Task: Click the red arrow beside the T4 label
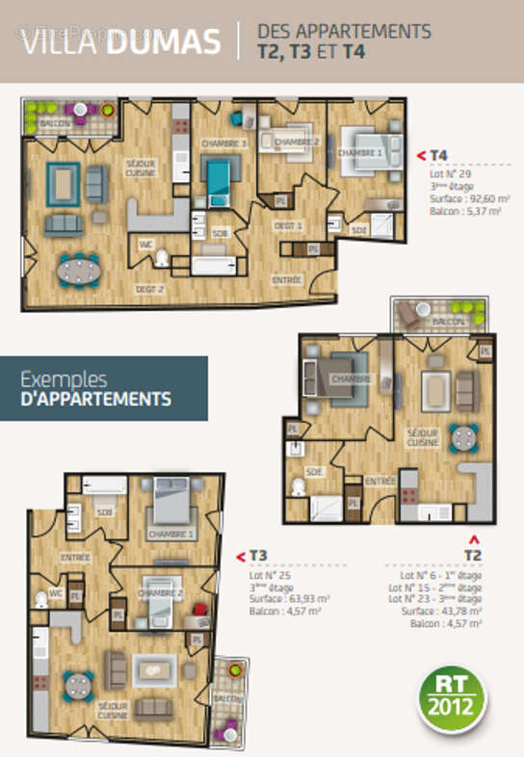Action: [420, 154]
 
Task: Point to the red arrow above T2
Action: [472, 539]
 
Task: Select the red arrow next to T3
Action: [241, 556]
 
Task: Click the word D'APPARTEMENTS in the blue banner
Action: [95, 399]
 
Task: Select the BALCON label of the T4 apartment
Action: [56, 124]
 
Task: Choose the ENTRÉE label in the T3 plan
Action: [75, 557]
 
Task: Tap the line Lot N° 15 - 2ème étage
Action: [435, 587]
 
